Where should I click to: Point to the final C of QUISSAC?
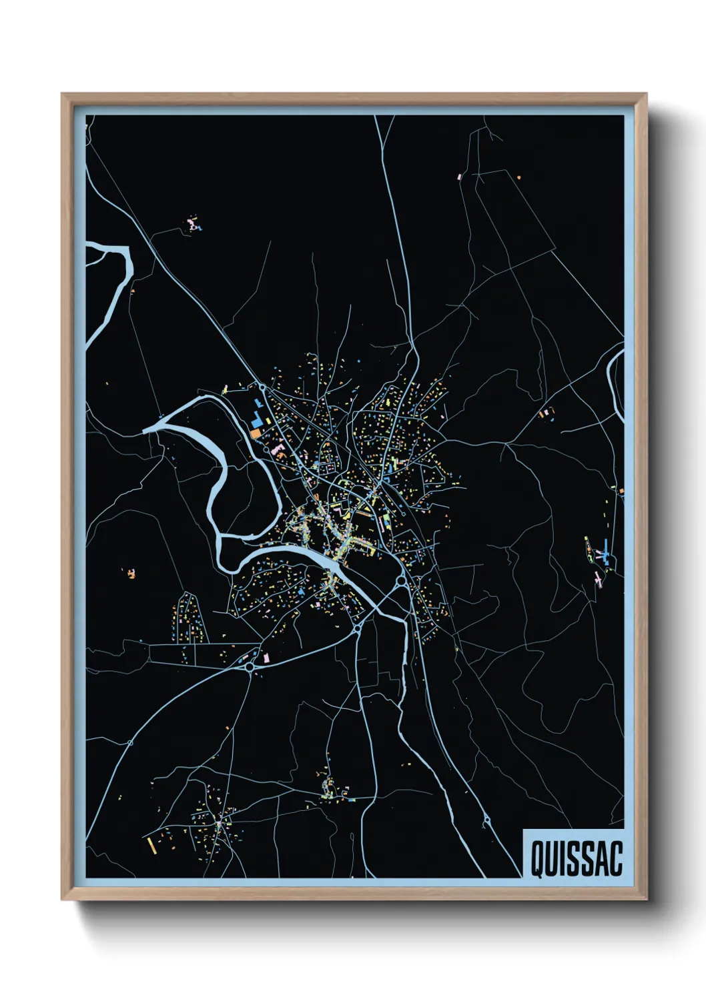point(615,858)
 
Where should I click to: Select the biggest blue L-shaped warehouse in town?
point(256,421)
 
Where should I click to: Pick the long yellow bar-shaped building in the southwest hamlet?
point(151,846)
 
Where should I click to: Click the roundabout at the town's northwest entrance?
point(262,387)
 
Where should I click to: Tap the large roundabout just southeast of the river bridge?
point(402,582)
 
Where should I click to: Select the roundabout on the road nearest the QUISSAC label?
point(486,820)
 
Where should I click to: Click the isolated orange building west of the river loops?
point(131,573)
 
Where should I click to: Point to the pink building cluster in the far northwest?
point(194,223)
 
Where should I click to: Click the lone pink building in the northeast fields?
point(459,177)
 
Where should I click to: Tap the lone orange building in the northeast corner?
point(518,177)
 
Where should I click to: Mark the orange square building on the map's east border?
point(621,491)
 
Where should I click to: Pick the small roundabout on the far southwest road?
point(130,742)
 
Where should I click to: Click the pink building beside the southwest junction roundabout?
point(266,658)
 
